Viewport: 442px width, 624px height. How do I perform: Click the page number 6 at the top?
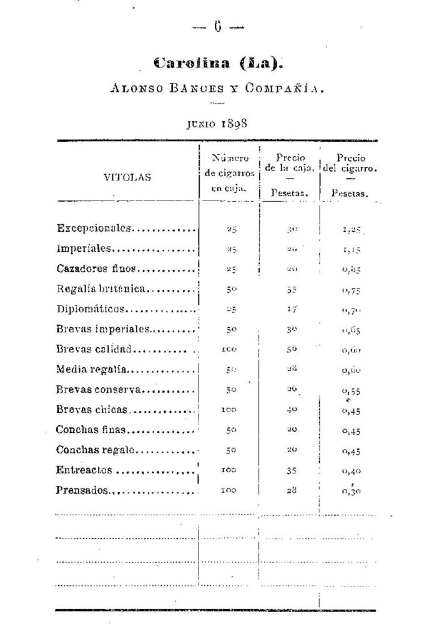pos(218,26)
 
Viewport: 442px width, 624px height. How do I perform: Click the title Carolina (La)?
pos(218,64)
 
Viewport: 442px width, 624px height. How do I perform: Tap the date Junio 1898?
pos(217,123)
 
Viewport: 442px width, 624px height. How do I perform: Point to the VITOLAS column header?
pos(127,177)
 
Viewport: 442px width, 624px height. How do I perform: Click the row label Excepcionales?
pos(94,228)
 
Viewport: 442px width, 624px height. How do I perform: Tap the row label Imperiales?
pos(84,249)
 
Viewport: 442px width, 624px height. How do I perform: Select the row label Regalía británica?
pos(101,289)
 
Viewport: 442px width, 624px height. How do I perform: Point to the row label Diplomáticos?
pos(91,309)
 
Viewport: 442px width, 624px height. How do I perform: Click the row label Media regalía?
pos(92,369)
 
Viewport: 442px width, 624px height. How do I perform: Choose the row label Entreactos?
pos(84,470)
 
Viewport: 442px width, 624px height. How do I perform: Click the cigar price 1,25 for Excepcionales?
pos(352,229)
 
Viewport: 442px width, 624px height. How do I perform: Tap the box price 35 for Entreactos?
pos(292,471)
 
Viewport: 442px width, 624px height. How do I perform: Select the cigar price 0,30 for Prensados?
pos(352,492)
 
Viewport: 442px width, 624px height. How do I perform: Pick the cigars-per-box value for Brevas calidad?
pos(229,350)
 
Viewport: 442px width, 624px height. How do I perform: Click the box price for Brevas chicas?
pos(292,410)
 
